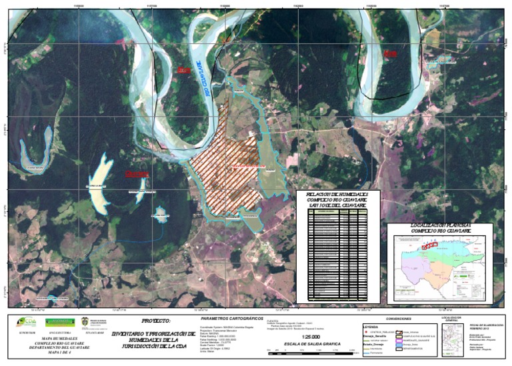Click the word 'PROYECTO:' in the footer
[156, 321]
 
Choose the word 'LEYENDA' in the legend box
[371, 326]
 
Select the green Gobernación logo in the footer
[62, 322]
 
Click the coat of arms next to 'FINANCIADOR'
[93, 322]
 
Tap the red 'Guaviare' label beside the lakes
[137, 174]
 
